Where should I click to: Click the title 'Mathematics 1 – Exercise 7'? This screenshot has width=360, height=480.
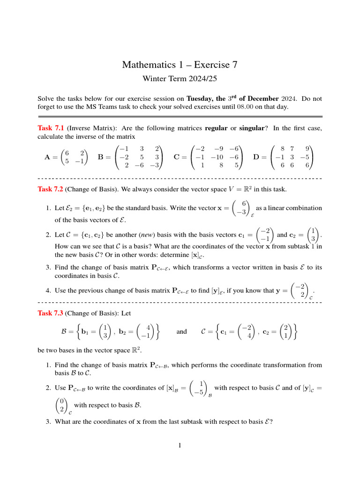click(180, 64)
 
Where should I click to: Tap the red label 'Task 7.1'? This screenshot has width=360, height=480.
click(51, 128)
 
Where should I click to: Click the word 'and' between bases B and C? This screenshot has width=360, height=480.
click(181, 332)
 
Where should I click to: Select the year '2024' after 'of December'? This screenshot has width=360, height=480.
click(290, 99)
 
